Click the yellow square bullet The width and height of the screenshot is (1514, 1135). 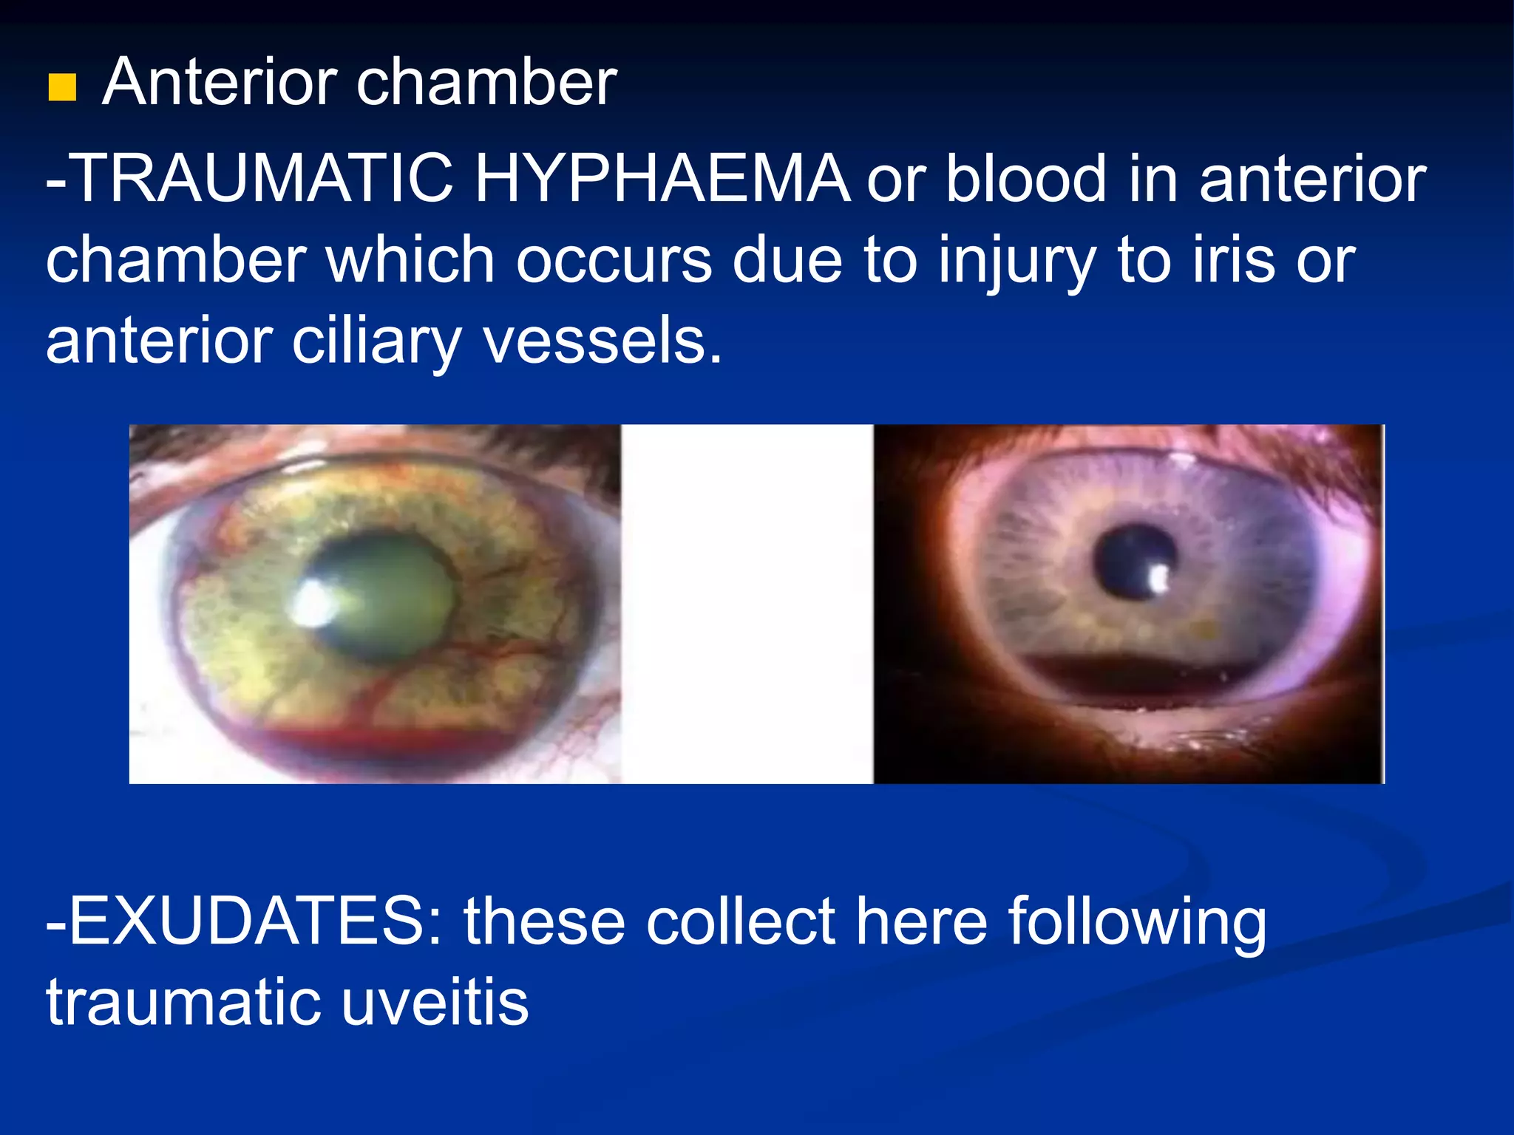62,88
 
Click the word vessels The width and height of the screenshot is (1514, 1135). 602,341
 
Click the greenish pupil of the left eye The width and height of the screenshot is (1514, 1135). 388,591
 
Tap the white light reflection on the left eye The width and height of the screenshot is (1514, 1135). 313,601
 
